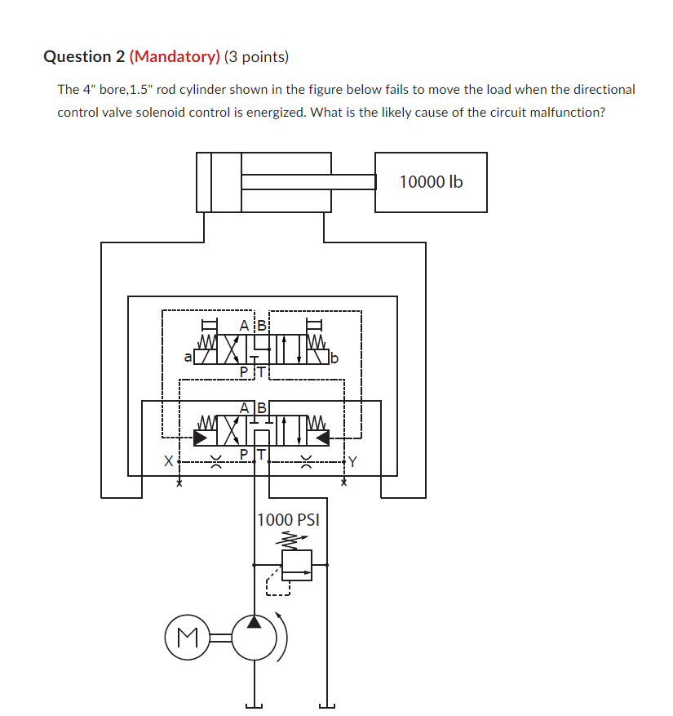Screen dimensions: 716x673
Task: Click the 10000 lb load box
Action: [431, 182]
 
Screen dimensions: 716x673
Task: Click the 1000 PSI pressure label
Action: [288, 520]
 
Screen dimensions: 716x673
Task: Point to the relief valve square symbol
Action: [297, 564]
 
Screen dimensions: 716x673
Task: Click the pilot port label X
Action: [169, 462]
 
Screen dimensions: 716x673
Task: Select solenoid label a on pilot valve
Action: [188, 357]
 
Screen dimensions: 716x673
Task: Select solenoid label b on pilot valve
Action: [334, 357]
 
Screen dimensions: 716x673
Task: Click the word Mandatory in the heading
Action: [175, 56]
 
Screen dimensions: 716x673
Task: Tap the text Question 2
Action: [83, 56]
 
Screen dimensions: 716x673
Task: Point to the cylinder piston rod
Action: [308, 182]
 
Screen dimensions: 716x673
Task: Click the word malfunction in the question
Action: [566, 112]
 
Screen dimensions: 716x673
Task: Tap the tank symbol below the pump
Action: [255, 706]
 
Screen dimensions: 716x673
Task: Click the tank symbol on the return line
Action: [326, 706]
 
